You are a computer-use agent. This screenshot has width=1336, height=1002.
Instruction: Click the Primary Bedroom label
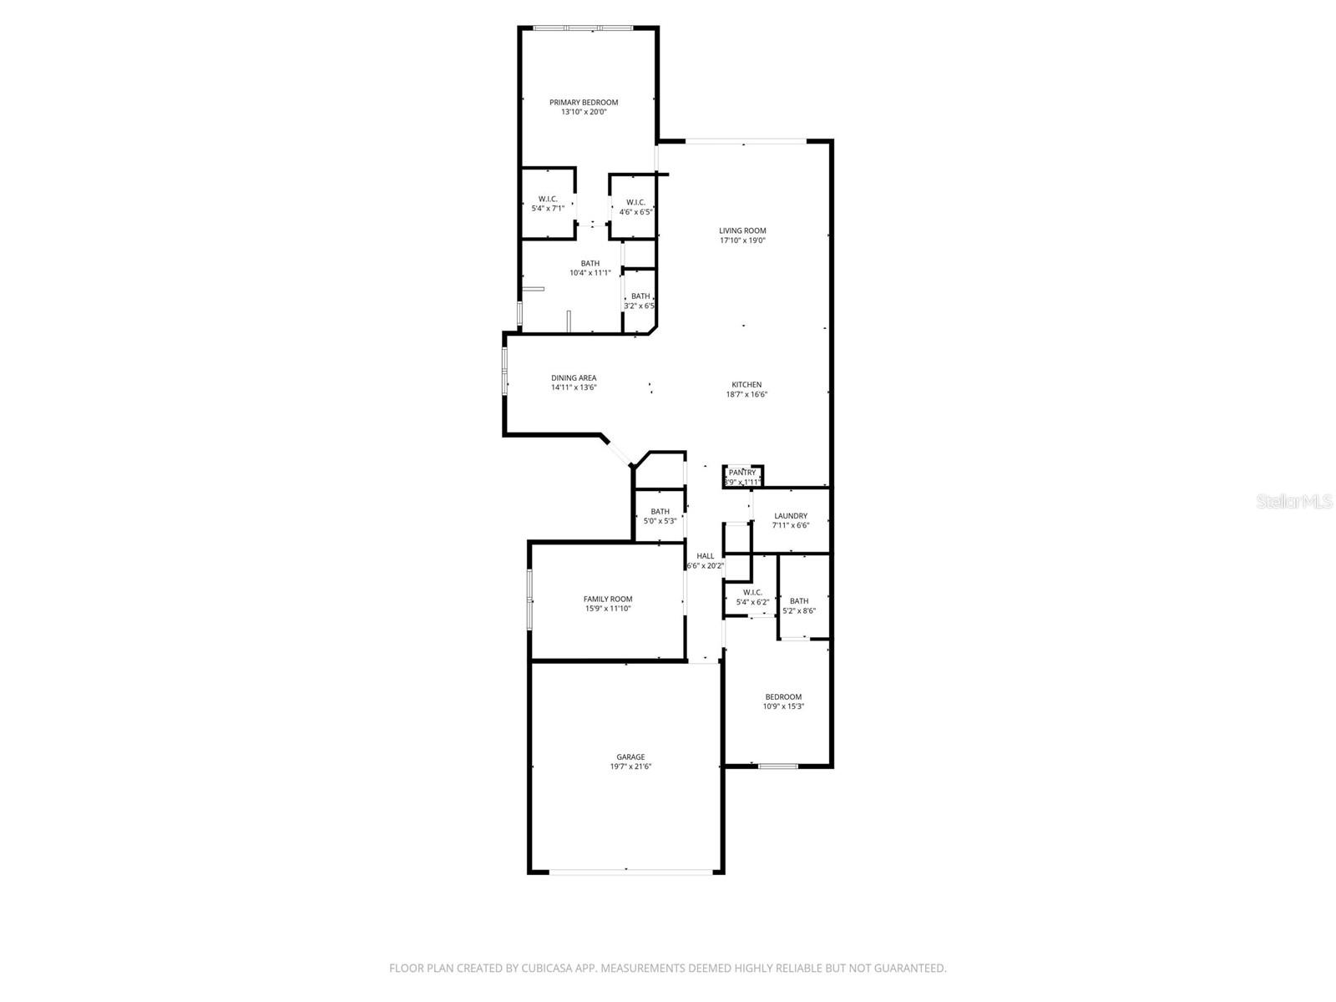tap(584, 103)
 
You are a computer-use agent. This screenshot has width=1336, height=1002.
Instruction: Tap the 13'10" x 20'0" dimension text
tap(584, 112)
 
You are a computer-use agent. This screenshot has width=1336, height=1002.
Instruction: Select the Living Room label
tap(742, 230)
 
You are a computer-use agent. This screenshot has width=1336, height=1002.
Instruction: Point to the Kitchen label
tap(746, 385)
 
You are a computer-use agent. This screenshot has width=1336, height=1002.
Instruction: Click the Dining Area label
tap(574, 378)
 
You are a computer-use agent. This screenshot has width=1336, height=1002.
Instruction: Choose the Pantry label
tap(742, 473)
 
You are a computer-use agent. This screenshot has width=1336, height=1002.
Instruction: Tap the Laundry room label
tap(791, 516)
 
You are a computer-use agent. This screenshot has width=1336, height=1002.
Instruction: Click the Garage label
tap(630, 757)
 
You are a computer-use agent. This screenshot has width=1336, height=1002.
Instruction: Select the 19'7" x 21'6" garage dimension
tap(630, 767)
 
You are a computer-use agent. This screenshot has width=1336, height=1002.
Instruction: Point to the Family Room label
tap(608, 599)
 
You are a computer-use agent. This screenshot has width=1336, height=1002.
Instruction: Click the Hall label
tap(706, 556)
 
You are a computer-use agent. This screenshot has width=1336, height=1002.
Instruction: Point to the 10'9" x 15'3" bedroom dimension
tap(783, 706)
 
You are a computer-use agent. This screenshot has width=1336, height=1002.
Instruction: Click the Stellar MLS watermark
tap(1294, 502)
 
